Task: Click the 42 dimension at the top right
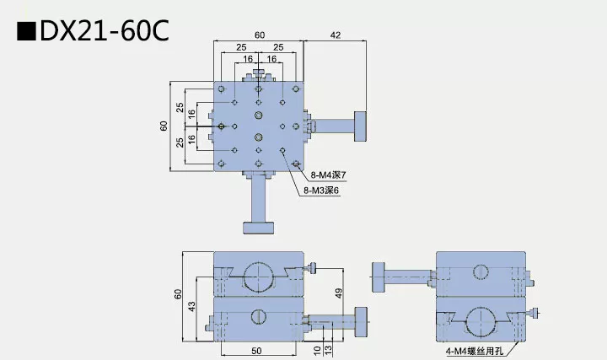(x=336, y=35)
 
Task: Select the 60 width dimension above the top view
(x=259, y=35)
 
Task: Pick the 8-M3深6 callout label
(x=320, y=191)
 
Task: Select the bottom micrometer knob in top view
(x=259, y=226)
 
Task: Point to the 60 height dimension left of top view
(x=164, y=126)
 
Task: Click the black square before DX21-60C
(x=26, y=32)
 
